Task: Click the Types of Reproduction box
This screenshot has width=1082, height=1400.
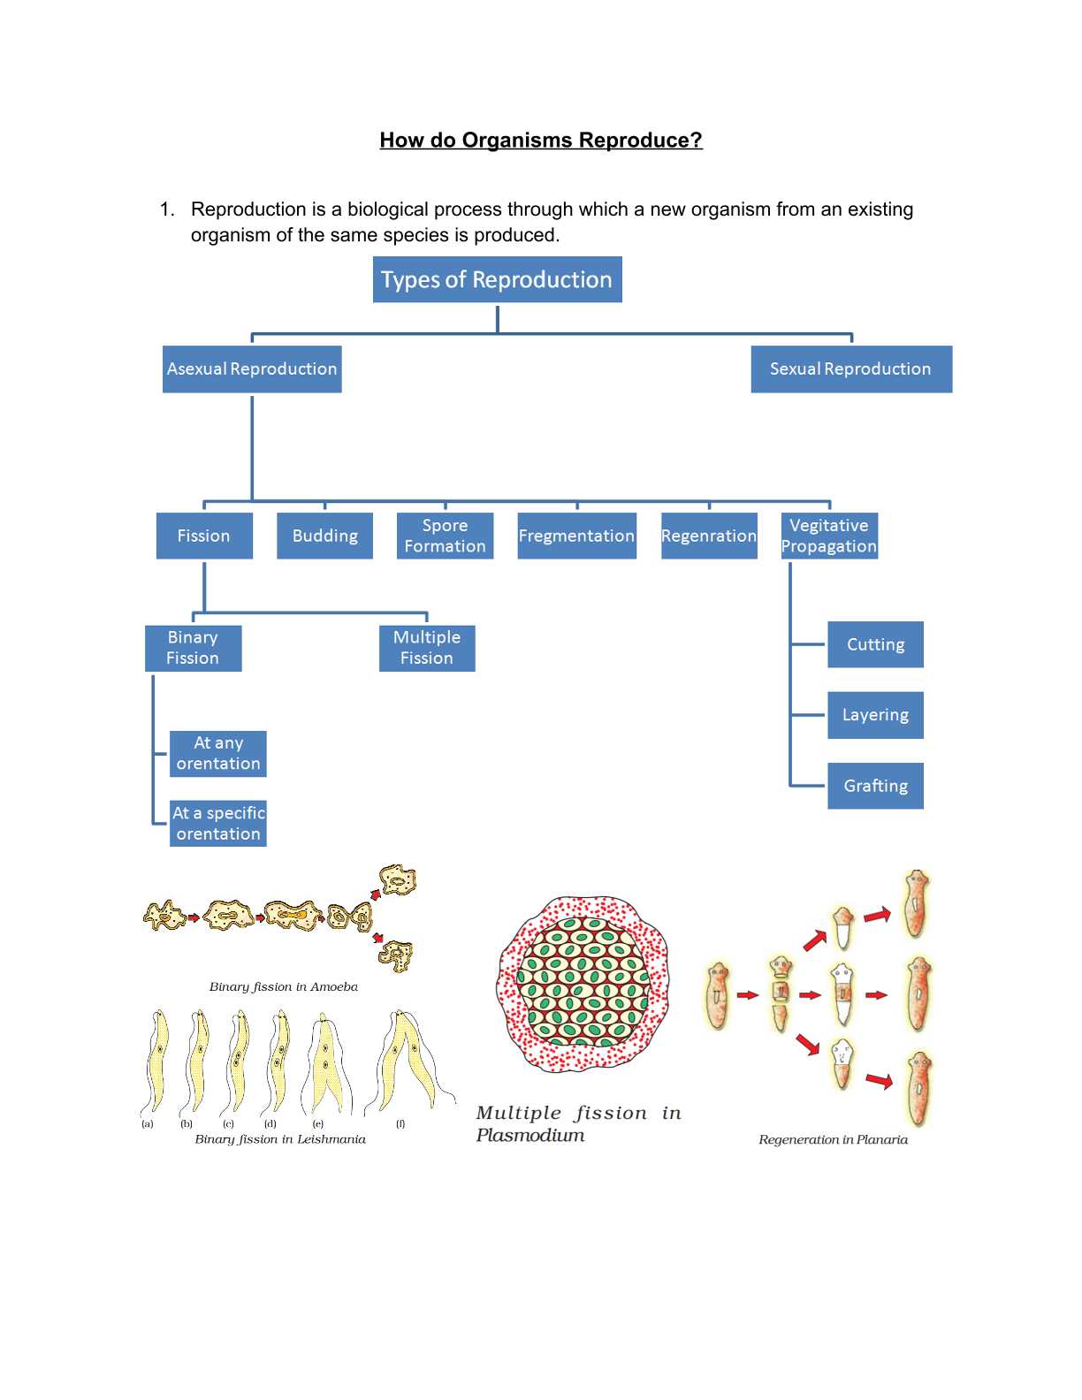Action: pyautogui.click(x=497, y=279)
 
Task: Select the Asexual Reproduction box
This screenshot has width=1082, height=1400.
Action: pyautogui.click(x=252, y=369)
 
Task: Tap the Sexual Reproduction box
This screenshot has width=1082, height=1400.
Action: pyautogui.click(x=850, y=369)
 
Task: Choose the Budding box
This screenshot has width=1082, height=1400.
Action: pyautogui.click(x=324, y=536)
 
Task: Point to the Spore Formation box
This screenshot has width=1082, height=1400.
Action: pyautogui.click(x=445, y=536)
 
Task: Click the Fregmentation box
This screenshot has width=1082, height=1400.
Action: pyautogui.click(x=576, y=536)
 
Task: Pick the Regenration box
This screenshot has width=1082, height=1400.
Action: pyautogui.click(x=709, y=536)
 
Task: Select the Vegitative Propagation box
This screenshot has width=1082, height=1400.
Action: pyautogui.click(x=829, y=536)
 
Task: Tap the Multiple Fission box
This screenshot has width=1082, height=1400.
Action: pyautogui.click(x=427, y=648)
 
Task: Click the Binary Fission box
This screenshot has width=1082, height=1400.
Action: pyautogui.click(x=193, y=648)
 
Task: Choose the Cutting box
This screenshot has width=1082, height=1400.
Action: pyautogui.click(x=875, y=644)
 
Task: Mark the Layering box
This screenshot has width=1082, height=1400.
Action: pyautogui.click(x=875, y=715)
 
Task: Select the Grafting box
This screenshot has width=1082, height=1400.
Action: pyautogui.click(x=875, y=786)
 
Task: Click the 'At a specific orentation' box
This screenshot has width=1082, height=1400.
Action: pyautogui.click(x=218, y=824)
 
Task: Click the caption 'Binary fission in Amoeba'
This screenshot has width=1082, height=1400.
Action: pyautogui.click(x=283, y=986)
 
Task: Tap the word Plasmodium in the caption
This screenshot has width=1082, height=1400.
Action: pyautogui.click(x=530, y=1136)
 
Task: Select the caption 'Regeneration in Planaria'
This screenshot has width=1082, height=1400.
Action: pyautogui.click(x=833, y=1139)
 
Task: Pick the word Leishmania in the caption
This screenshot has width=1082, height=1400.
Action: pyautogui.click(x=331, y=1139)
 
